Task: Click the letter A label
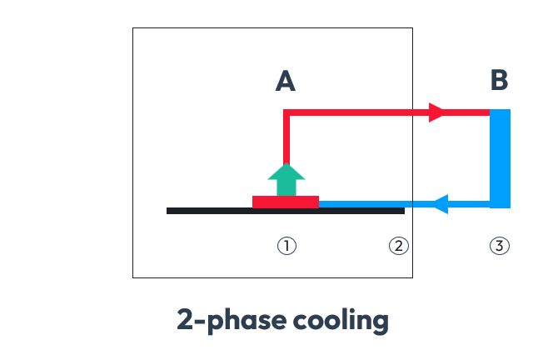tap(286, 81)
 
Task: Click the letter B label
tap(499, 81)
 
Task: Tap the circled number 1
tap(286, 246)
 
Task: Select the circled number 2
tap(399, 246)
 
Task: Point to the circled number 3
tap(499, 246)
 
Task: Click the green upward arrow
tap(286, 179)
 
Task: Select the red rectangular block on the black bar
tap(286, 202)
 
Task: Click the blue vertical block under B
tap(500, 158)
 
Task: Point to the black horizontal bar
tap(208, 211)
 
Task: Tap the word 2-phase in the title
tap(227, 320)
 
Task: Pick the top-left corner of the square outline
tap(133, 29)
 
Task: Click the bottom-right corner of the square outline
tap(412, 277)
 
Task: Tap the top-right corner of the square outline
tap(412, 29)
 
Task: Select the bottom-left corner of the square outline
tap(133, 277)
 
